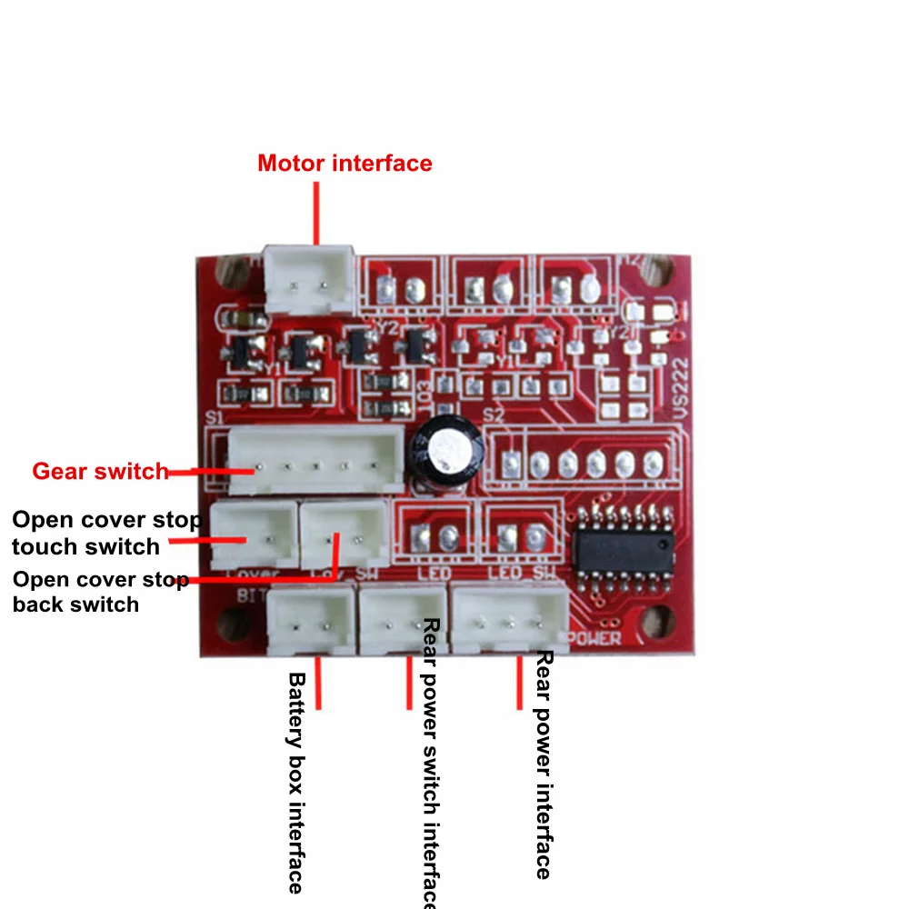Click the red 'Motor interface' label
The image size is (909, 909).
(x=345, y=164)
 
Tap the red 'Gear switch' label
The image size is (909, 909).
(x=100, y=472)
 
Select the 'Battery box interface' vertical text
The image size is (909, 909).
(x=295, y=782)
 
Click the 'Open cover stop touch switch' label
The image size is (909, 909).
(x=105, y=534)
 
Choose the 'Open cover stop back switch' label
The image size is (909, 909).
(x=100, y=592)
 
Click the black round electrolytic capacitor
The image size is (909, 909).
(x=440, y=451)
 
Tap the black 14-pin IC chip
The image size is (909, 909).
(x=623, y=554)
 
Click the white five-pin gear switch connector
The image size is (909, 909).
(x=314, y=462)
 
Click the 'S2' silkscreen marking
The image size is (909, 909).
(x=494, y=415)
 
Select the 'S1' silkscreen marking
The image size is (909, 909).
(x=215, y=417)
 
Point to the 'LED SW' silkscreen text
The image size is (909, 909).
(x=522, y=574)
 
